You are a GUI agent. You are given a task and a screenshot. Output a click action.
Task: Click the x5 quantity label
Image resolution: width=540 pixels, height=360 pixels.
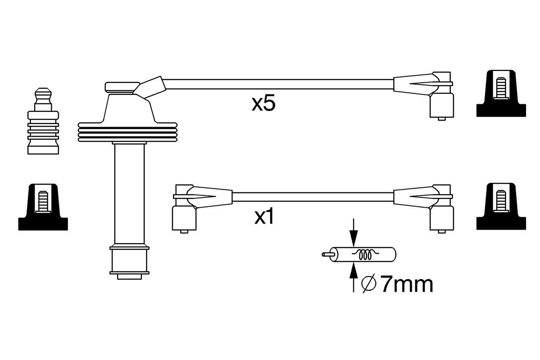(263, 104)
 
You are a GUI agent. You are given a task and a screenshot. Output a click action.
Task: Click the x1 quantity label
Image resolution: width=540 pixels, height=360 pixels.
(265, 217)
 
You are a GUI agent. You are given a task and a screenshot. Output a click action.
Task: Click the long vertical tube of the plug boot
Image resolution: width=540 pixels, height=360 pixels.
(129, 194)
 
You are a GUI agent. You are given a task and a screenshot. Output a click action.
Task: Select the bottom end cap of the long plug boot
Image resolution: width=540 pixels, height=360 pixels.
(129, 262)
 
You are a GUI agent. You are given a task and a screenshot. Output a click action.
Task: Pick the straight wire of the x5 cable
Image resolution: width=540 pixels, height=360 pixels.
(278, 84)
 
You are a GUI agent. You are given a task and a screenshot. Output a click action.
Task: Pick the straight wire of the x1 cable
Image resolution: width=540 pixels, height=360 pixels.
(312, 197)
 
